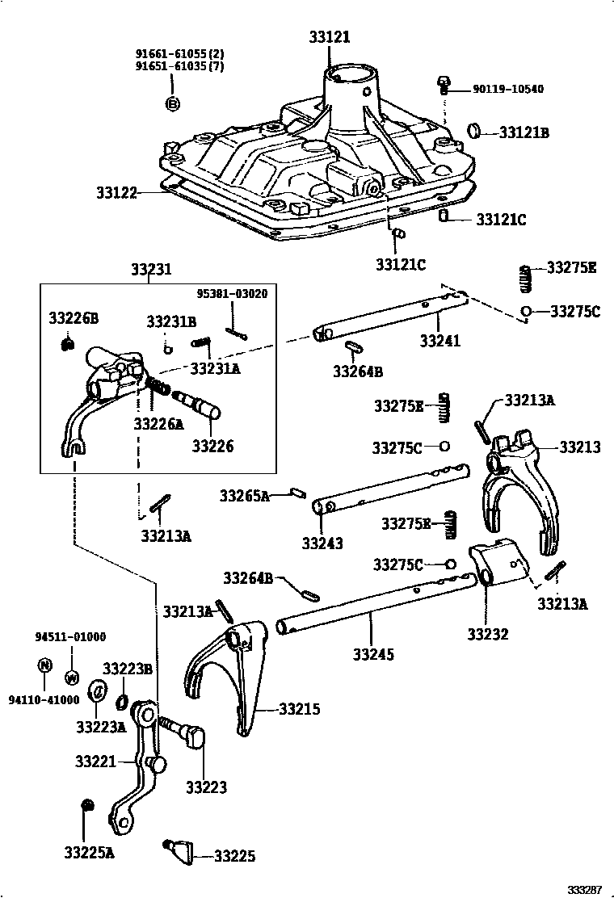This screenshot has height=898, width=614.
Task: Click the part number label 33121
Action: point(330,37)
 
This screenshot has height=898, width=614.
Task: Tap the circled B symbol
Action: point(172,103)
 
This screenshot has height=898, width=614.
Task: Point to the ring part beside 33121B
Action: point(477,131)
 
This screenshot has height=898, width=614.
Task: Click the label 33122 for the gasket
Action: point(116,193)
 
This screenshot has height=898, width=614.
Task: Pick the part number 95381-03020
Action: point(233,294)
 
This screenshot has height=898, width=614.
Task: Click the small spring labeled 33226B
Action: point(69,345)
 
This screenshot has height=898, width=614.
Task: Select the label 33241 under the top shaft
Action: point(439,341)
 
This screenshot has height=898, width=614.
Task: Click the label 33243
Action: point(322,543)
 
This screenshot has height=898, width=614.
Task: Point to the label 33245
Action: point(374,654)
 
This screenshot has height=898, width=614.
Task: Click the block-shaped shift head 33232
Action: point(496,562)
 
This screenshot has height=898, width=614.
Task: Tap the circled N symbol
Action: point(44,666)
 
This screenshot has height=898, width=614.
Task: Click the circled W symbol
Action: point(70,676)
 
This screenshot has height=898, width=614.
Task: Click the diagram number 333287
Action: point(583,889)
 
